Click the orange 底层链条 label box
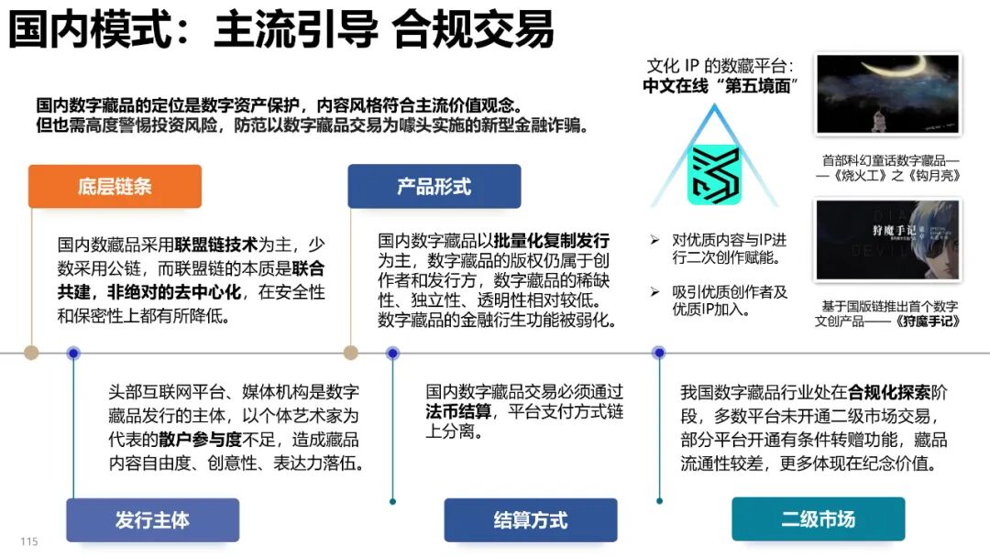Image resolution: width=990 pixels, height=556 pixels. (115, 187)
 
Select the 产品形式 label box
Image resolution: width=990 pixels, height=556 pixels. (434, 187)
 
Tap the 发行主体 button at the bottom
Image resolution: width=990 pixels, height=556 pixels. (152, 520)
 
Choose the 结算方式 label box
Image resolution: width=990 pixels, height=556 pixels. (530, 520)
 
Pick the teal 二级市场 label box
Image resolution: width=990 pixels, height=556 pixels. (818, 519)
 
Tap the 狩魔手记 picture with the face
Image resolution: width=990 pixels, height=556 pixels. (887, 240)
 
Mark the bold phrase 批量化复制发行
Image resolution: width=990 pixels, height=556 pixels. (552, 241)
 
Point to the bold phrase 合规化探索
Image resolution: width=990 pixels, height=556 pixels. (888, 393)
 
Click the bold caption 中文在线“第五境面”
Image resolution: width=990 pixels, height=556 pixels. (718, 87)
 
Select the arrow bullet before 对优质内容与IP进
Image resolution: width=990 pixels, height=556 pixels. (654, 240)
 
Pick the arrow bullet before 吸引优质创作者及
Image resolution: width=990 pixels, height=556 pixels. (654, 292)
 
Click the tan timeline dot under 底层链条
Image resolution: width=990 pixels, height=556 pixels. (31, 353)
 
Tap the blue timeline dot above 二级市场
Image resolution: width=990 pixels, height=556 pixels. (658, 353)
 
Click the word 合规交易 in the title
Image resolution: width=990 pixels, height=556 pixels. (473, 30)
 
